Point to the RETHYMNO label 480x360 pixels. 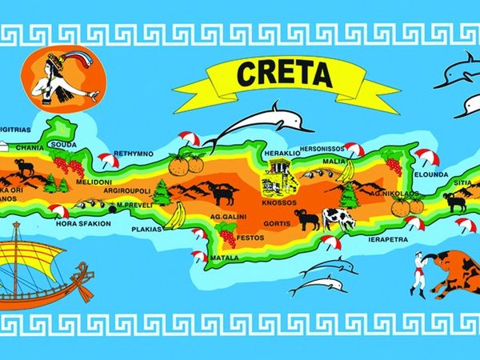point(133,152)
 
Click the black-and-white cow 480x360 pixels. point(338,218)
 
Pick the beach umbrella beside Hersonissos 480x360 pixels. point(353,149)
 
